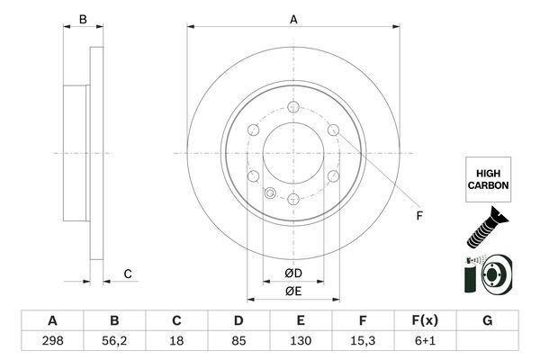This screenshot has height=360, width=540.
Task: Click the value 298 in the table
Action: click(x=52, y=342)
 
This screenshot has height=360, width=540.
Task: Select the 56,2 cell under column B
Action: click(x=114, y=342)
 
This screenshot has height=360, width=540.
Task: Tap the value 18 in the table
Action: click(x=176, y=342)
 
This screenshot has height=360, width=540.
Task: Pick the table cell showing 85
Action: click(x=238, y=342)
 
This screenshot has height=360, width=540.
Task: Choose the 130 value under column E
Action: click(x=301, y=342)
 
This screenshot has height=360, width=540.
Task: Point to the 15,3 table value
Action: click(x=363, y=342)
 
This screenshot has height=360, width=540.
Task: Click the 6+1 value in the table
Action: click(x=425, y=342)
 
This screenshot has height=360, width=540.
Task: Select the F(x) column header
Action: click(x=425, y=321)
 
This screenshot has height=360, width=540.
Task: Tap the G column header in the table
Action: click(x=487, y=321)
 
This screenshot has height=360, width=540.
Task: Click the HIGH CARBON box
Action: click(x=489, y=177)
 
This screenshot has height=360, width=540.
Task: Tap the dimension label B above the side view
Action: click(x=82, y=19)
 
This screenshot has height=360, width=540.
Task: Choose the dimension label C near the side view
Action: click(x=128, y=274)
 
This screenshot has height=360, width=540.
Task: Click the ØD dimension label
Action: click(x=292, y=273)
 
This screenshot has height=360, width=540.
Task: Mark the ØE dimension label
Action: click(x=292, y=291)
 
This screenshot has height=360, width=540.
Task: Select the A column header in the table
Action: click(x=52, y=321)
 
